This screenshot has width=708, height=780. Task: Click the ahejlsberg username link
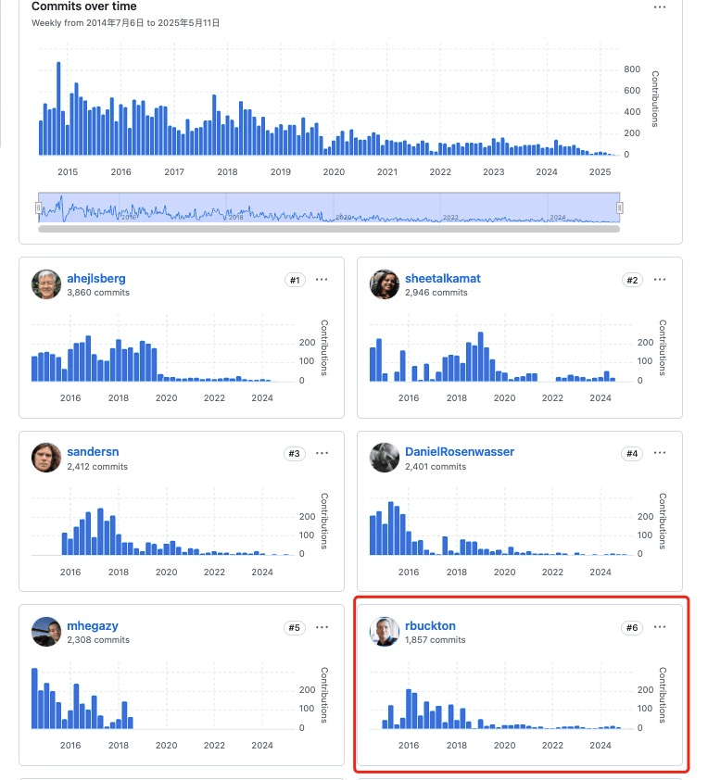coord(96,278)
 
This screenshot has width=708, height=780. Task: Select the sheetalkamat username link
coord(443,278)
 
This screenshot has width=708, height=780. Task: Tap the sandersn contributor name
coord(93,451)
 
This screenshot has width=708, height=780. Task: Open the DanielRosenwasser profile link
coord(460,451)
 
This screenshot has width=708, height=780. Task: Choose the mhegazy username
coord(93,625)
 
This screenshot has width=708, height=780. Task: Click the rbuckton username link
coord(430,625)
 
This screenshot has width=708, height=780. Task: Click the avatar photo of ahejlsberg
coord(46,284)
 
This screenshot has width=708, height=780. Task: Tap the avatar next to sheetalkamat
coord(385,284)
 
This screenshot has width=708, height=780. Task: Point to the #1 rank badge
coord(295,280)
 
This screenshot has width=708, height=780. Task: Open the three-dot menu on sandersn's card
coord(322,453)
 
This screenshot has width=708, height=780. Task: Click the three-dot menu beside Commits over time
coord(660,6)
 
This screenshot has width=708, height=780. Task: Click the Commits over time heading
coord(84,6)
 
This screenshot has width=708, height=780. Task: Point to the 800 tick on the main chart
coord(632,69)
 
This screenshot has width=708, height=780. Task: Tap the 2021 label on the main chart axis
coord(387,171)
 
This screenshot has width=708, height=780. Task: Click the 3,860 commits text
coord(98,293)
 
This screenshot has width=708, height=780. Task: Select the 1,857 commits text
coord(436,640)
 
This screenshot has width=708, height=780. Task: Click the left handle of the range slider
coord(39,208)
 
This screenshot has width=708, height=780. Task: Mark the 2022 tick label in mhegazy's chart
coord(214,745)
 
